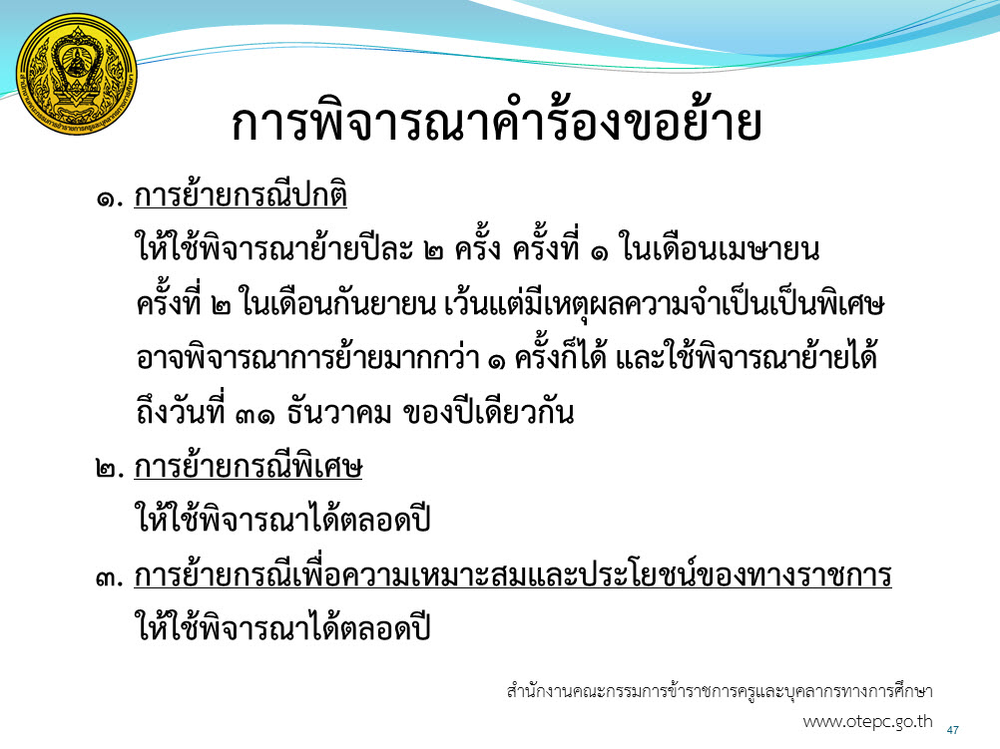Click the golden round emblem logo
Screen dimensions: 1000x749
point(76,74)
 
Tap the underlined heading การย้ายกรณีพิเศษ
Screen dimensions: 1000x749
point(249,466)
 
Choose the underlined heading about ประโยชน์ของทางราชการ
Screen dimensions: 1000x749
point(513,574)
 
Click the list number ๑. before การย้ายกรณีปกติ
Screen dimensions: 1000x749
point(110,198)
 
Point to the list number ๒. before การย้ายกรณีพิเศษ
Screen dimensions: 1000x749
point(110,471)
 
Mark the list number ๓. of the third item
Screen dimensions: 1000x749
point(110,578)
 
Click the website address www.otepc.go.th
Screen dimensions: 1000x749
point(867,722)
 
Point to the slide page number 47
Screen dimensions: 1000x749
point(953,730)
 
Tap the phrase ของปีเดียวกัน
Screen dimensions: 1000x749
point(488,412)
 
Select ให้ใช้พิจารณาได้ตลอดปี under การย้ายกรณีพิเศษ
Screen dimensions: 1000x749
point(283,519)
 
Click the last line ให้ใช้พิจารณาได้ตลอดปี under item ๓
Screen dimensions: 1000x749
point(283,626)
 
